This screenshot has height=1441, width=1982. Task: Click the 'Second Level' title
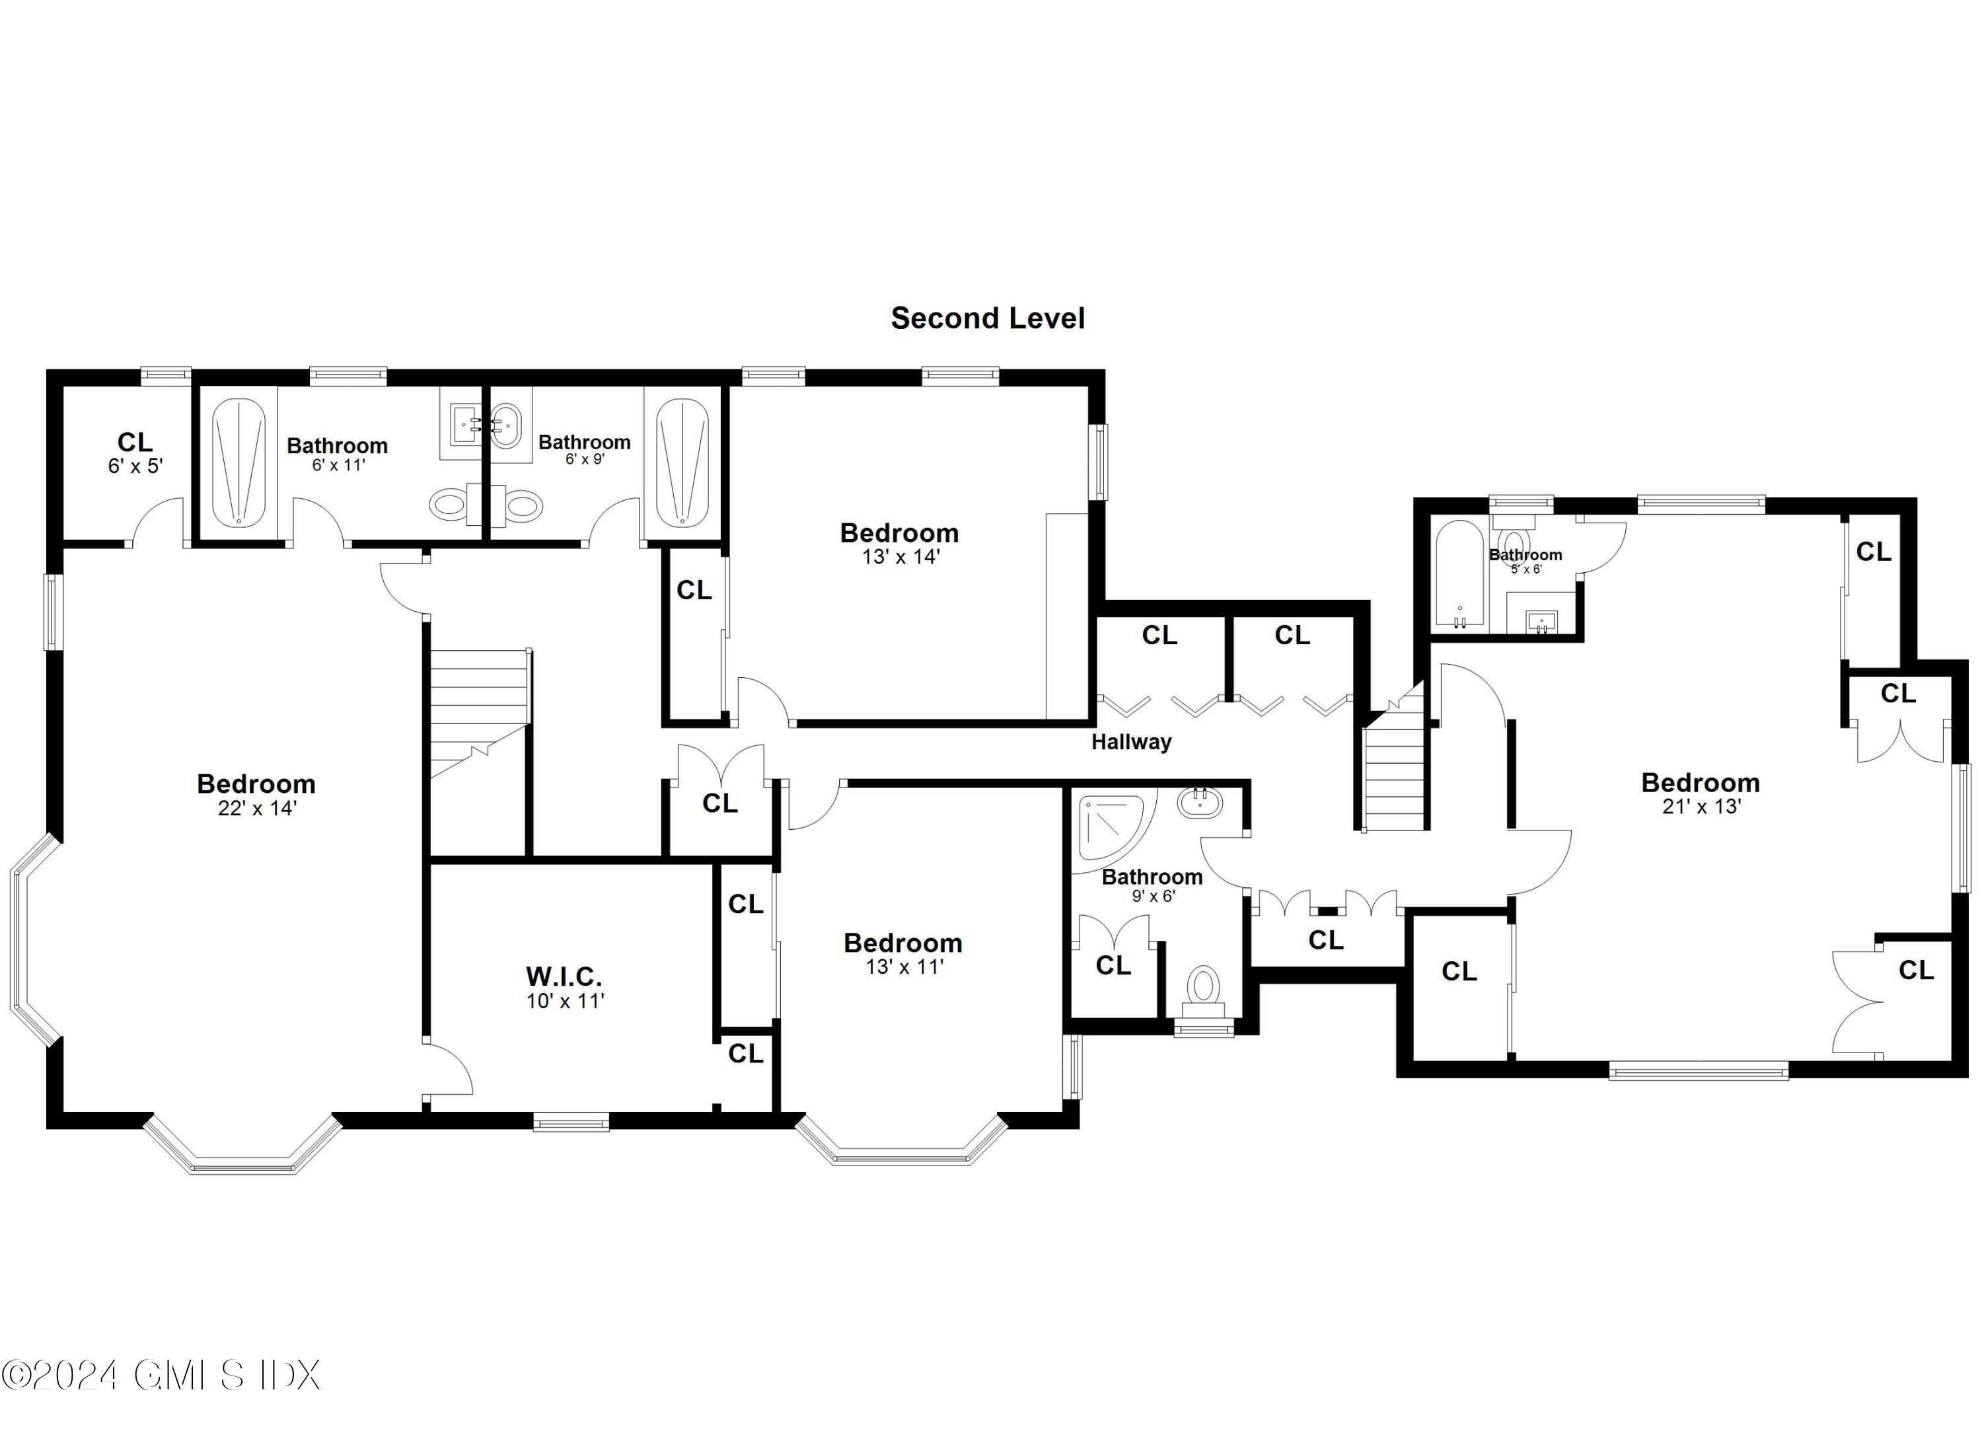(x=988, y=318)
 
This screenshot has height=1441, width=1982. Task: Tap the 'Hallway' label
(x=1131, y=742)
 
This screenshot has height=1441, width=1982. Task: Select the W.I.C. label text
(x=564, y=975)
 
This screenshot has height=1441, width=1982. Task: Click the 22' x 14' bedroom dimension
(x=257, y=808)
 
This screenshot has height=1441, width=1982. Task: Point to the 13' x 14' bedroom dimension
(x=899, y=557)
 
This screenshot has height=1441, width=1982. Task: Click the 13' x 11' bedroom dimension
(x=904, y=967)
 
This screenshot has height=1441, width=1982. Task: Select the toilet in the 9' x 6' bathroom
(x=1203, y=988)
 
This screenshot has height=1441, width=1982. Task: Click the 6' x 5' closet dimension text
(x=135, y=466)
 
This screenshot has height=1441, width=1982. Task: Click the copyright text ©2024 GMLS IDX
(x=162, y=1374)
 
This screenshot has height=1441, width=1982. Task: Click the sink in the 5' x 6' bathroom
(x=1541, y=622)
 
